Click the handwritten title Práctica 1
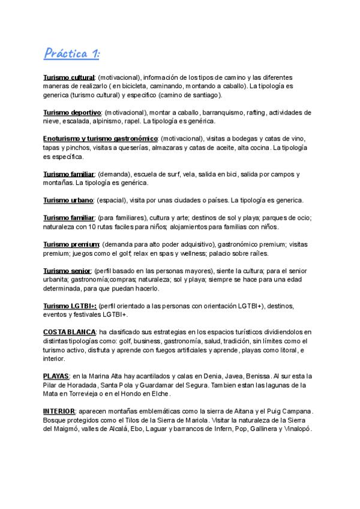[72, 54]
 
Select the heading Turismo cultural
[69, 77]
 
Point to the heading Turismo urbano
[68, 200]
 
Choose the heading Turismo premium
[71, 244]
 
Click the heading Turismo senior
[67, 271]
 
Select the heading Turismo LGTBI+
[70, 306]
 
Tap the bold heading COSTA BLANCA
[70, 332]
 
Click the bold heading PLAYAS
[56, 376]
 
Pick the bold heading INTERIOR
[59, 411]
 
